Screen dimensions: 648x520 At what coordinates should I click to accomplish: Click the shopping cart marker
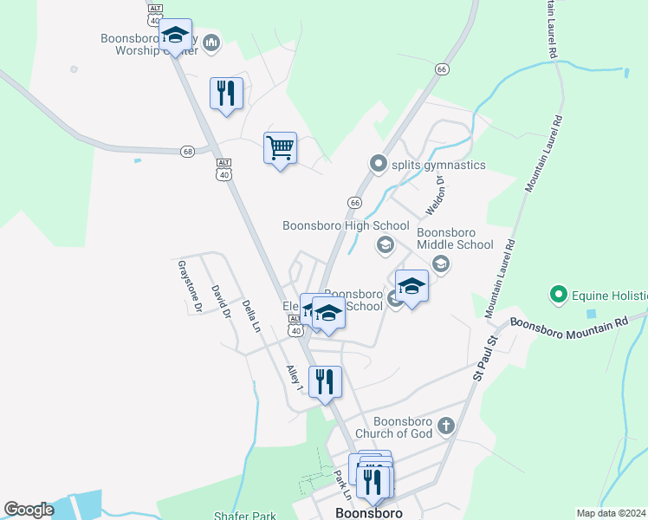[x=280, y=148]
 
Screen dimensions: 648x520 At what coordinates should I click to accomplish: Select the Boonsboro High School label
[x=346, y=225]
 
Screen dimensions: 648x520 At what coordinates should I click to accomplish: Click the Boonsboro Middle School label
[x=455, y=238]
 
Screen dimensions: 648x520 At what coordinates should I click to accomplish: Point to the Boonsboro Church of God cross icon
[x=446, y=426]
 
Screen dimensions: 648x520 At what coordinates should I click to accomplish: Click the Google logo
[x=29, y=510]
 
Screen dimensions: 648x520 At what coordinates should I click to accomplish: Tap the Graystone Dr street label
[x=189, y=286]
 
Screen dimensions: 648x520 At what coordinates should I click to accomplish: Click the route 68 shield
[x=187, y=151]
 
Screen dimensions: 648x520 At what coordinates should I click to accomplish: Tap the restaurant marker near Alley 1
[x=326, y=381]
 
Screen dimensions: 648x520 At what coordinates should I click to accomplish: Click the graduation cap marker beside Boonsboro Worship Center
[x=176, y=36]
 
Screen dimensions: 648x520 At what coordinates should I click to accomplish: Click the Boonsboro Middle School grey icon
[x=440, y=263]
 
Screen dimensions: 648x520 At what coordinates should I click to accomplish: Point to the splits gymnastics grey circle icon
[x=377, y=163]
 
